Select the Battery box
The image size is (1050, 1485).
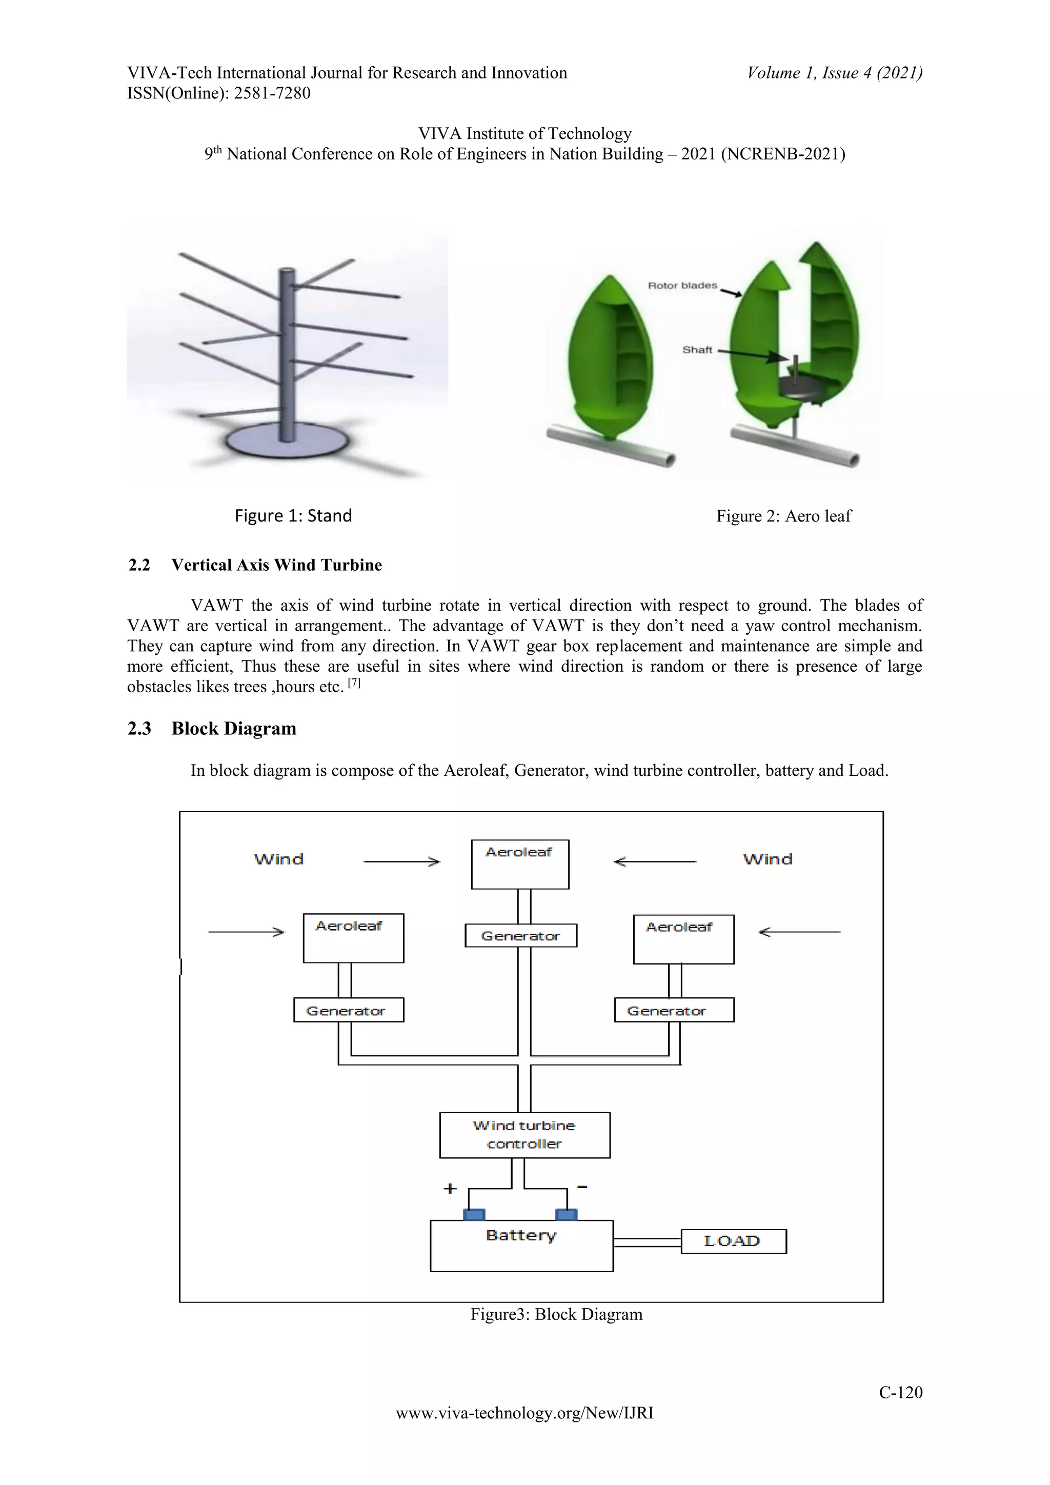[x=521, y=1245]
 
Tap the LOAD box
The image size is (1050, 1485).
[x=733, y=1240]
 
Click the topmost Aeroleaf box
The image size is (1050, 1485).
[x=520, y=864]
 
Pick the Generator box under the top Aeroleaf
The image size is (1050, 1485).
[x=520, y=935]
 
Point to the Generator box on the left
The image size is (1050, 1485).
[x=349, y=1010]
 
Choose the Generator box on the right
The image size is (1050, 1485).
[x=674, y=1010]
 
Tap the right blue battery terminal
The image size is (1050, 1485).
[x=567, y=1214]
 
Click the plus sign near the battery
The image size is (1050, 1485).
[x=450, y=1188]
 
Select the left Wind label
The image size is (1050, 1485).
[x=279, y=859]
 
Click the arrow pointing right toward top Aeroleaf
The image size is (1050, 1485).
[x=401, y=861]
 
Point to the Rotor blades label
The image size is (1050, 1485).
[x=682, y=285]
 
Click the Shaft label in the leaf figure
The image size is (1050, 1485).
[x=697, y=350]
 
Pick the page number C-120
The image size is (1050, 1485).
[x=900, y=1393]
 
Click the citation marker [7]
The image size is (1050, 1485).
[x=354, y=683]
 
